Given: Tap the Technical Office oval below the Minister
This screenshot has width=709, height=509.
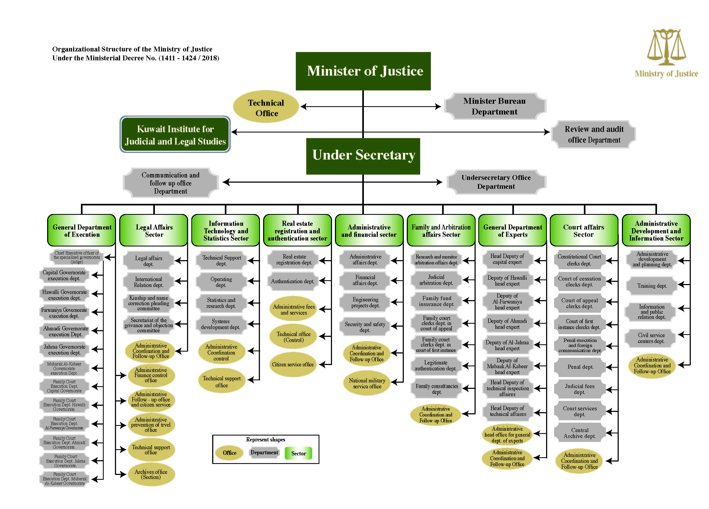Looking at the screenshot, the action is click(266, 107).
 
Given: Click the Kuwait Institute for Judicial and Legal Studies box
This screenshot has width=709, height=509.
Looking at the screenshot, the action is click(175, 135).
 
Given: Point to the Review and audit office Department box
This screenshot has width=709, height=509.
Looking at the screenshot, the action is click(594, 135).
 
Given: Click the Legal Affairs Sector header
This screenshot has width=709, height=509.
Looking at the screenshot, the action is click(154, 230).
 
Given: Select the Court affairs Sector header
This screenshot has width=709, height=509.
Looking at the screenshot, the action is click(584, 230).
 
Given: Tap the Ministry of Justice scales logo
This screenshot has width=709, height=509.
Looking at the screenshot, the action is click(666, 47).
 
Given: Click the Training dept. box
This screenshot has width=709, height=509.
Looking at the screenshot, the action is click(652, 286).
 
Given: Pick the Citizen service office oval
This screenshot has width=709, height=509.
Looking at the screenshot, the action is click(293, 364).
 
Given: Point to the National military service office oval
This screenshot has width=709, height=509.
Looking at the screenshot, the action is click(367, 383).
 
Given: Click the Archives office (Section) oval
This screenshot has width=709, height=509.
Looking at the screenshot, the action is click(151, 474).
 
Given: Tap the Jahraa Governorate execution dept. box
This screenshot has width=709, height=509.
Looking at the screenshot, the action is click(64, 350).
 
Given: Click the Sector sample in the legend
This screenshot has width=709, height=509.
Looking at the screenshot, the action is click(298, 453).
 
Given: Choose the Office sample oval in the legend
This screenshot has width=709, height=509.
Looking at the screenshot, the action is click(229, 453).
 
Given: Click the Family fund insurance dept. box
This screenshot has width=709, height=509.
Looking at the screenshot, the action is click(436, 301).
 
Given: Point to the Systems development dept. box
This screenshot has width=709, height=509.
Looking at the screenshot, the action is click(221, 324).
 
